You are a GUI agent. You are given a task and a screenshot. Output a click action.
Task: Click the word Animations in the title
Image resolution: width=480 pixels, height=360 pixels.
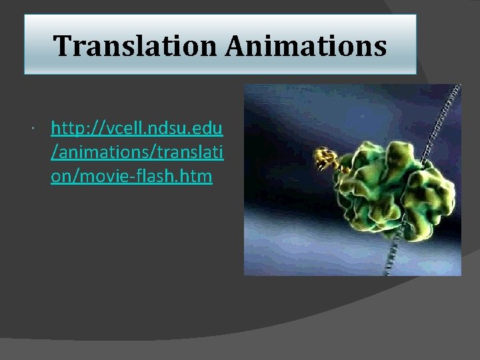click(307, 46)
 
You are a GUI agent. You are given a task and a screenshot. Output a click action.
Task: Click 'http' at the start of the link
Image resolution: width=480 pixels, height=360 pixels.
click(65, 127)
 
